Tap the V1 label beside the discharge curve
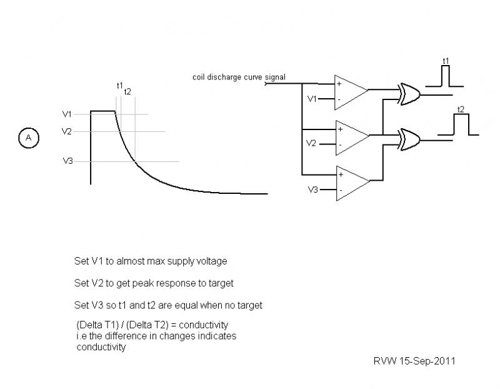click(67, 114)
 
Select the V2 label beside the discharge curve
click(67, 131)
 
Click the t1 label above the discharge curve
click(119, 84)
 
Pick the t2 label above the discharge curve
click(127, 92)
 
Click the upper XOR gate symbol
click(410, 94)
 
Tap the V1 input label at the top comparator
click(312, 98)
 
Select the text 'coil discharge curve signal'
click(239, 78)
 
